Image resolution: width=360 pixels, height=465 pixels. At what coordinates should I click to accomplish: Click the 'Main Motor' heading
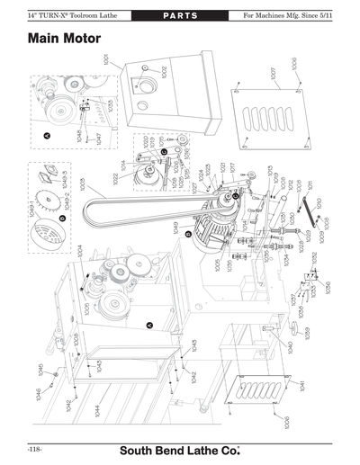[64, 40]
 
